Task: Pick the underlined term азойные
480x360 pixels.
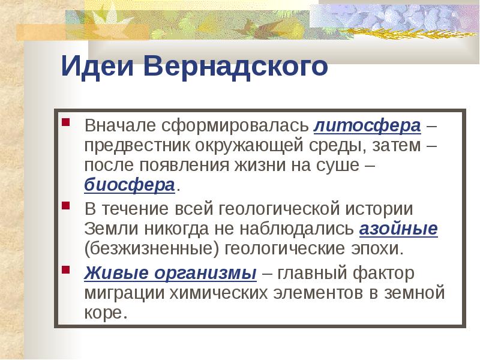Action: tap(398, 229)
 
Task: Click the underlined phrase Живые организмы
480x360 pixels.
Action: tap(170, 273)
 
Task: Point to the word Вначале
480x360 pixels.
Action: tap(120, 126)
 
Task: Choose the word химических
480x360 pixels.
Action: tap(222, 293)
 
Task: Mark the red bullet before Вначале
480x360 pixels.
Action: tap(67, 124)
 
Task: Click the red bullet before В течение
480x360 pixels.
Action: tap(67, 208)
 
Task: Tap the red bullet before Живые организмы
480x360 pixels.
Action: tap(67, 271)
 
